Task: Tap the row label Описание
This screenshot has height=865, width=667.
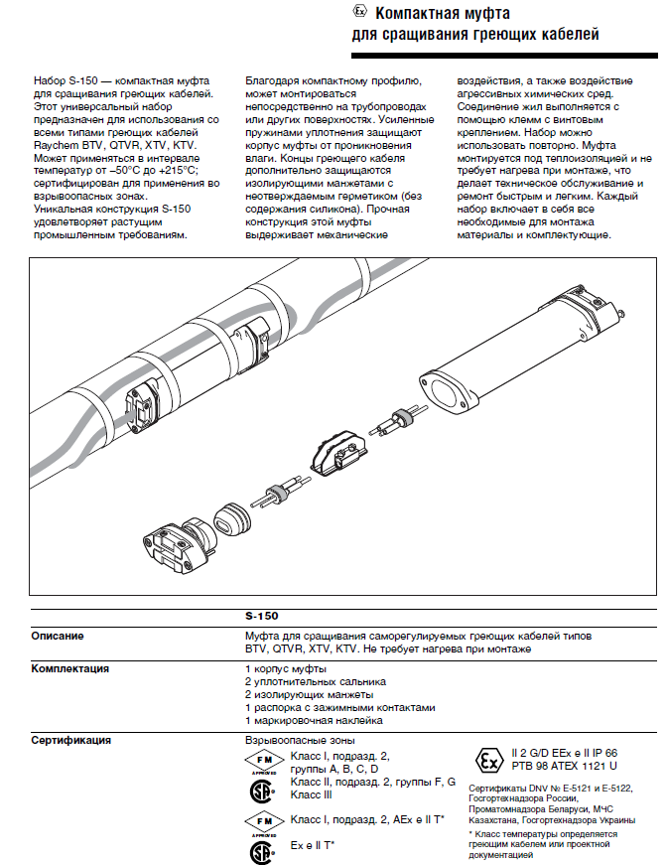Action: coord(57,636)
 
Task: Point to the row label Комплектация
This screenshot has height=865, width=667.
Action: coord(69,669)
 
